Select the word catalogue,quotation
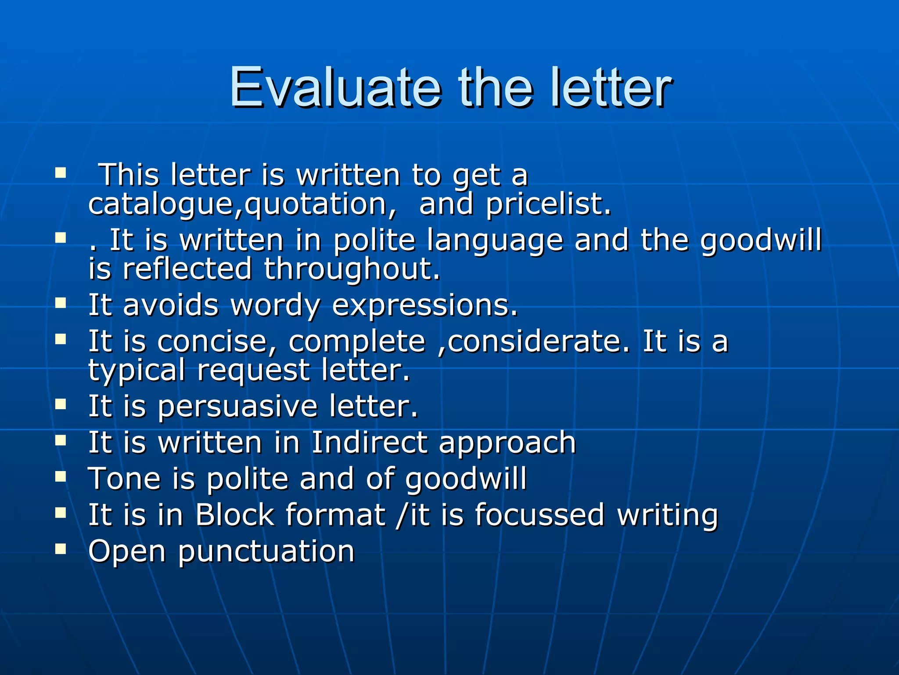tap(243, 204)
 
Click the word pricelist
tap(548, 204)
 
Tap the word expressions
tap(425, 305)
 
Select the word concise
tap(217, 341)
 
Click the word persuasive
tap(237, 406)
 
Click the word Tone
tap(124, 479)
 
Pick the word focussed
tap(539, 515)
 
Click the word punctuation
tap(266, 551)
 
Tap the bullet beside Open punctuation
tap(61, 548)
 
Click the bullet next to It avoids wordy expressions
tap(61, 302)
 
